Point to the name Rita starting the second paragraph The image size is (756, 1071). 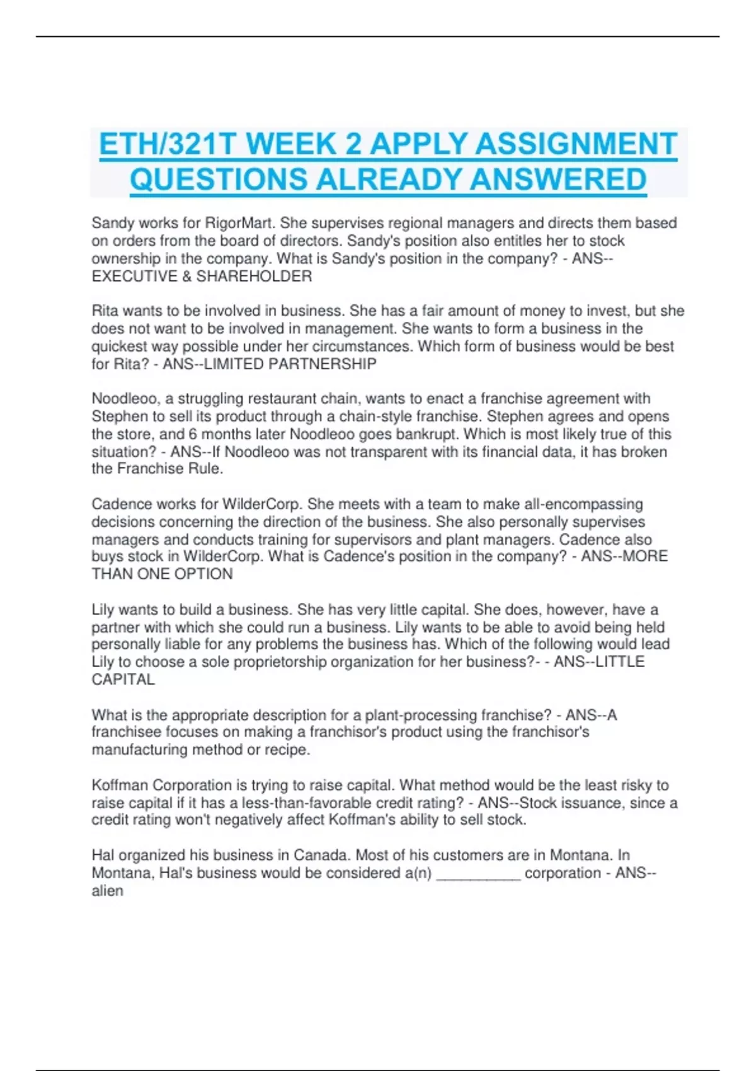tap(105, 311)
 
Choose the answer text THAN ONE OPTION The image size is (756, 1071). tap(162, 574)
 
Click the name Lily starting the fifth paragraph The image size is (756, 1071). tap(103, 610)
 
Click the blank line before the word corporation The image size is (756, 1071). tap(478, 874)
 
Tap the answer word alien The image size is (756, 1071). tap(107, 891)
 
